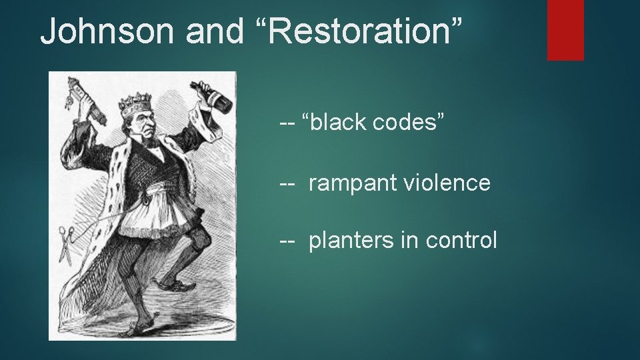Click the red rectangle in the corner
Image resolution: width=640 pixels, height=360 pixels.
click(x=565, y=29)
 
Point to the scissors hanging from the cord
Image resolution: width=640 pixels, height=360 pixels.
click(x=65, y=244)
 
